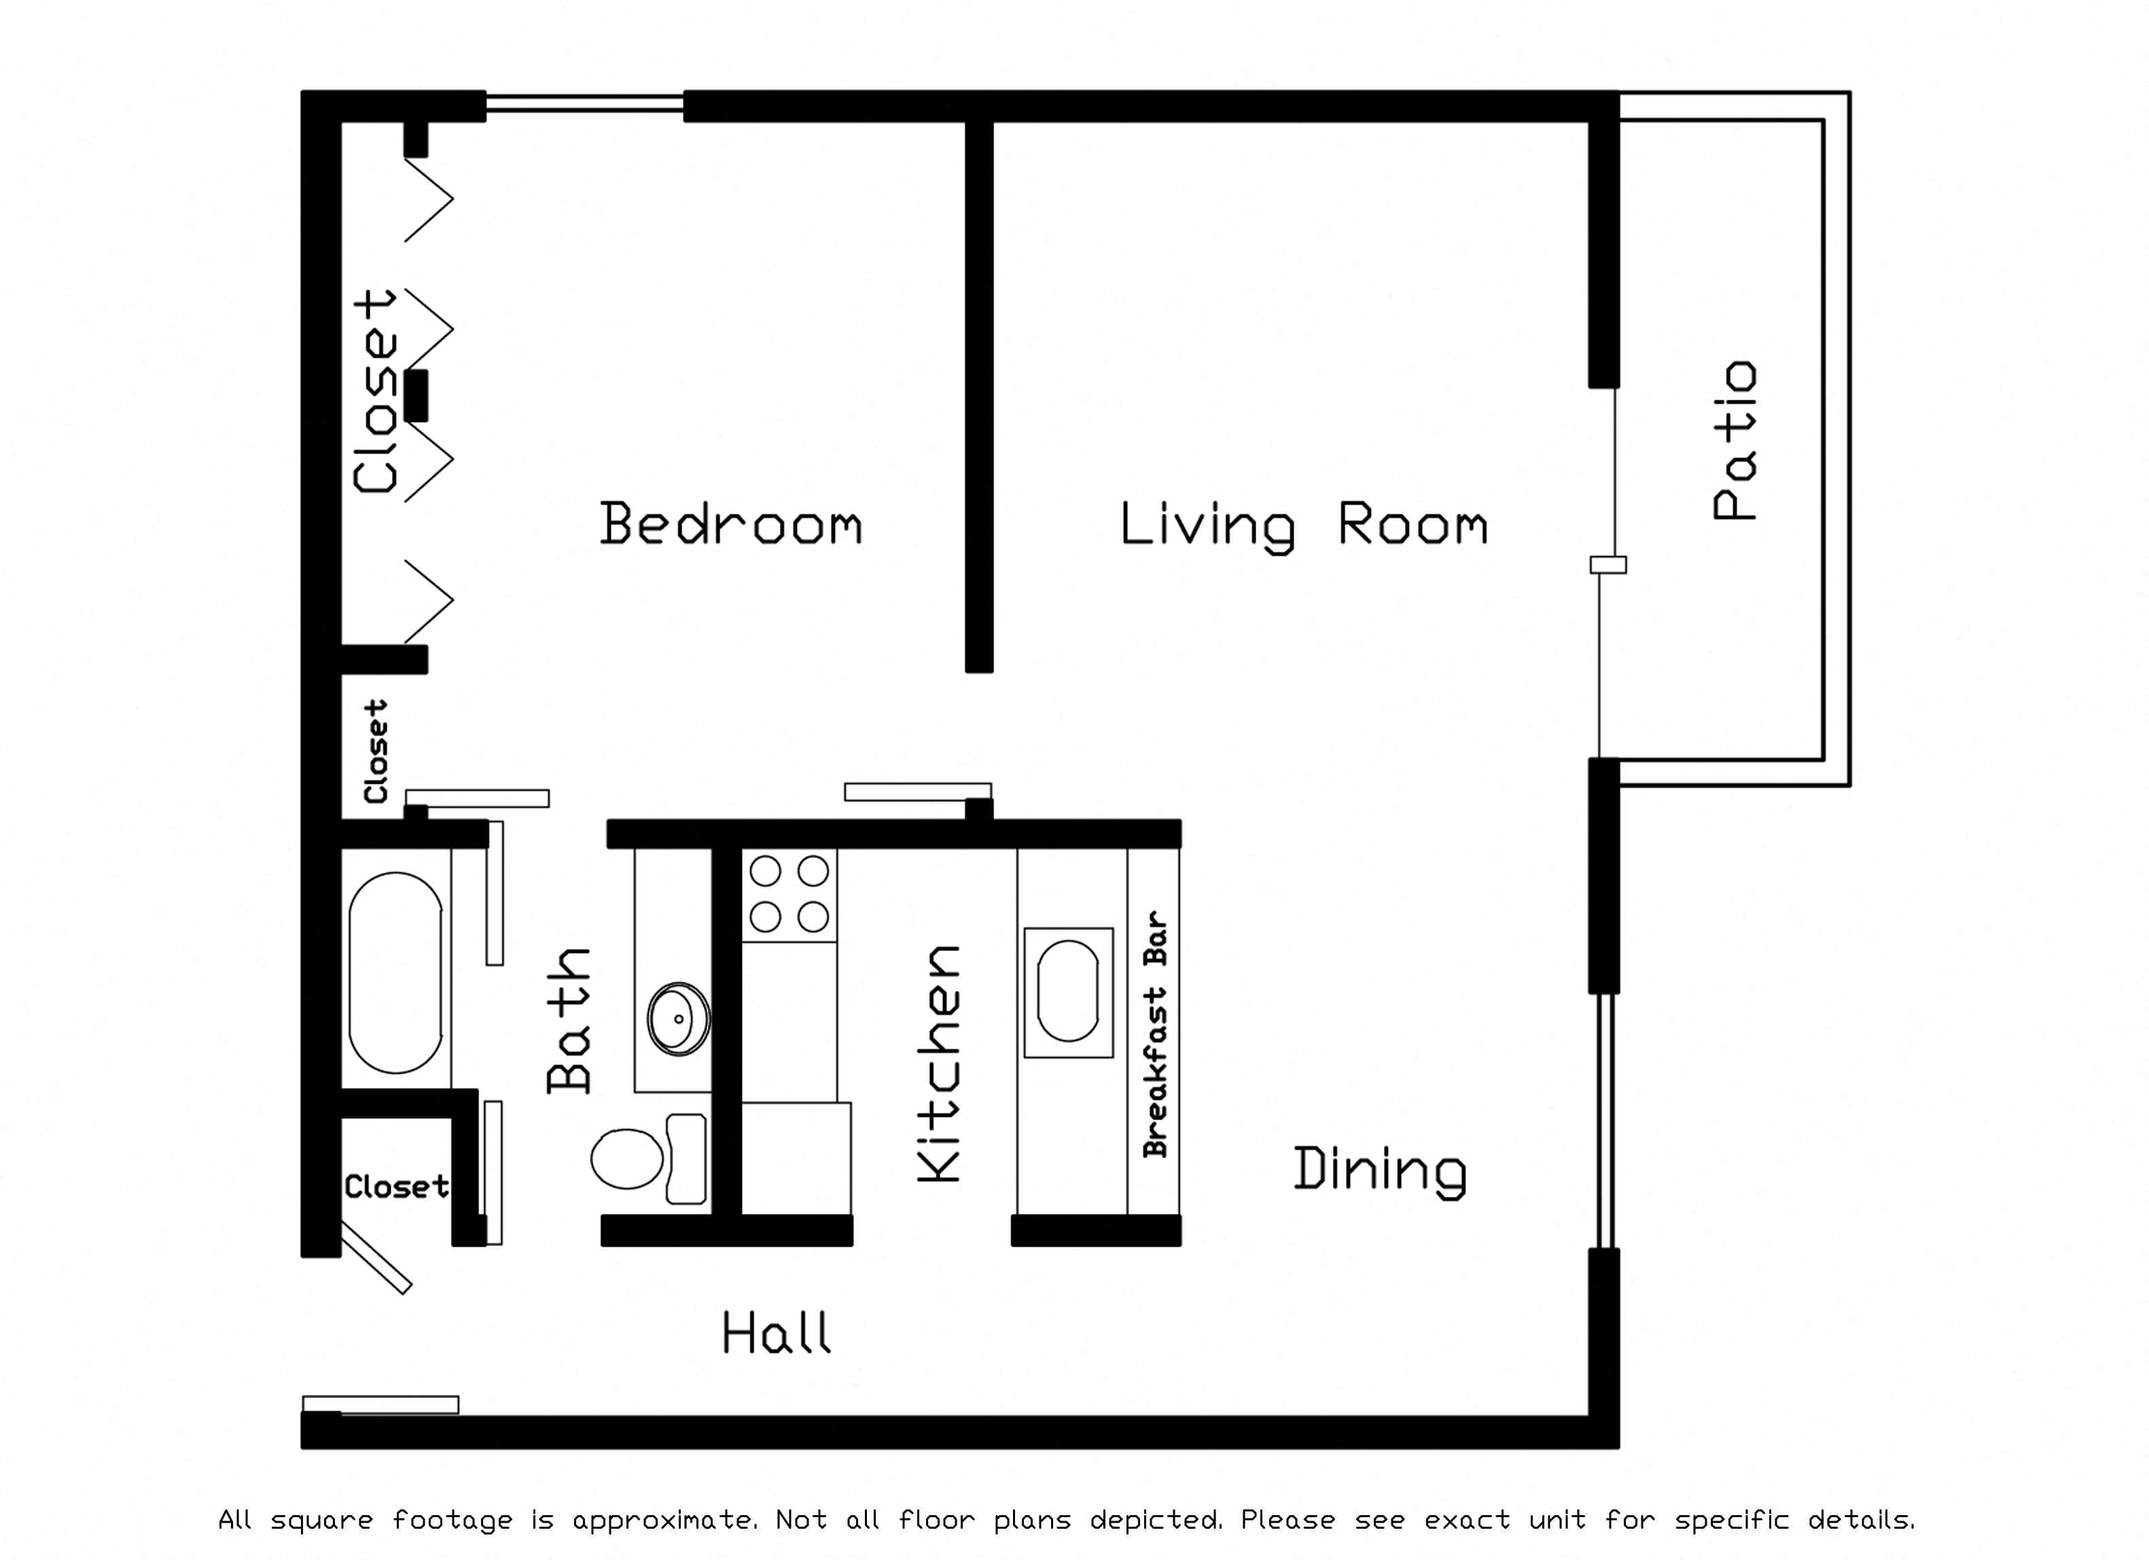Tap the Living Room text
pos(1303,525)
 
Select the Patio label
pos(1736,440)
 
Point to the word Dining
pos(1380,1170)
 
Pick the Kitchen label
pos(940,1062)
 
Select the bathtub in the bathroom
pos(396,973)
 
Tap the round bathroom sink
pos(679,1019)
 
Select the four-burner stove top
pos(789,894)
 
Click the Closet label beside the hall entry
pos(396,1187)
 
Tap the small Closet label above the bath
pos(376,752)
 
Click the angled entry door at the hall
pos(375,1258)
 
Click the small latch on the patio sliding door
pos(1608,565)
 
